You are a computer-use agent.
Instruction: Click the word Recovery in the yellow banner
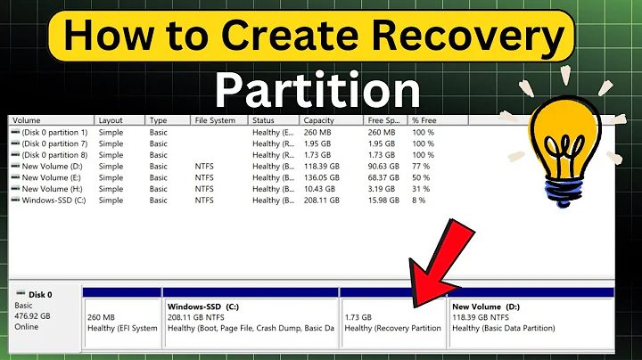pyautogui.click(x=466, y=37)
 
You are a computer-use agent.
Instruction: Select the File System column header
pyautogui.click(x=214, y=119)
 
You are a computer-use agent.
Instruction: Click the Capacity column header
pyautogui.click(x=318, y=119)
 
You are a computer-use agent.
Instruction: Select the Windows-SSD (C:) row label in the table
pyautogui.click(x=53, y=200)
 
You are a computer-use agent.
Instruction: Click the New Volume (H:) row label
pyautogui.click(x=50, y=189)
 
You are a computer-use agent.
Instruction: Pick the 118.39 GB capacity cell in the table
pyautogui.click(x=322, y=166)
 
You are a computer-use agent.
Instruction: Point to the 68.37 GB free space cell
pyautogui.click(x=384, y=177)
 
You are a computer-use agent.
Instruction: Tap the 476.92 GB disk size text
pyautogui.click(x=34, y=315)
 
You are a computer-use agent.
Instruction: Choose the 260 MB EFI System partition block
pyautogui.click(x=121, y=321)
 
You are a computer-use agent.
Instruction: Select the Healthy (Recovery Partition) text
pyautogui.click(x=392, y=328)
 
